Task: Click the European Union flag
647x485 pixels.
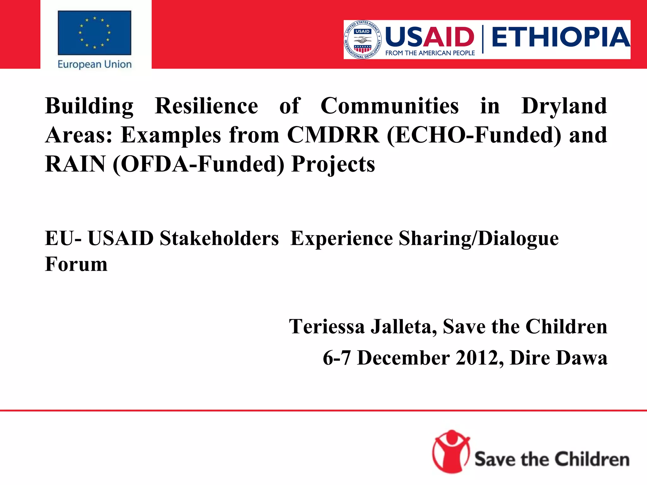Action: [94, 33]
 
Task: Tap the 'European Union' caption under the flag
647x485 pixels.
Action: [94, 64]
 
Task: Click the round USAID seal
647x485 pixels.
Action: [363, 40]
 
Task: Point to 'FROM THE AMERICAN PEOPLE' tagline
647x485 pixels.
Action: [430, 53]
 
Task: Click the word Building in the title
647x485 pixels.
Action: [89, 106]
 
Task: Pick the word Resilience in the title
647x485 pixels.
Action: [206, 106]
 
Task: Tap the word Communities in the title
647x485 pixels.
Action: [390, 106]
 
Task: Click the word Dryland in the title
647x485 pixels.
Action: [564, 106]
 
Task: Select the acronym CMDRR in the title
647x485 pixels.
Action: [333, 135]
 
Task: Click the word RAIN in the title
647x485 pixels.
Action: [75, 164]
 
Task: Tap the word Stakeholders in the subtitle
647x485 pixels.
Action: [219, 238]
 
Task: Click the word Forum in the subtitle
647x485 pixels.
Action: [76, 264]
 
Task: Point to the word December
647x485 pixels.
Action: [403, 358]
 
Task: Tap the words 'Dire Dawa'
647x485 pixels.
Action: [559, 358]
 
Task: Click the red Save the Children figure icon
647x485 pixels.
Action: [451, 452]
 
